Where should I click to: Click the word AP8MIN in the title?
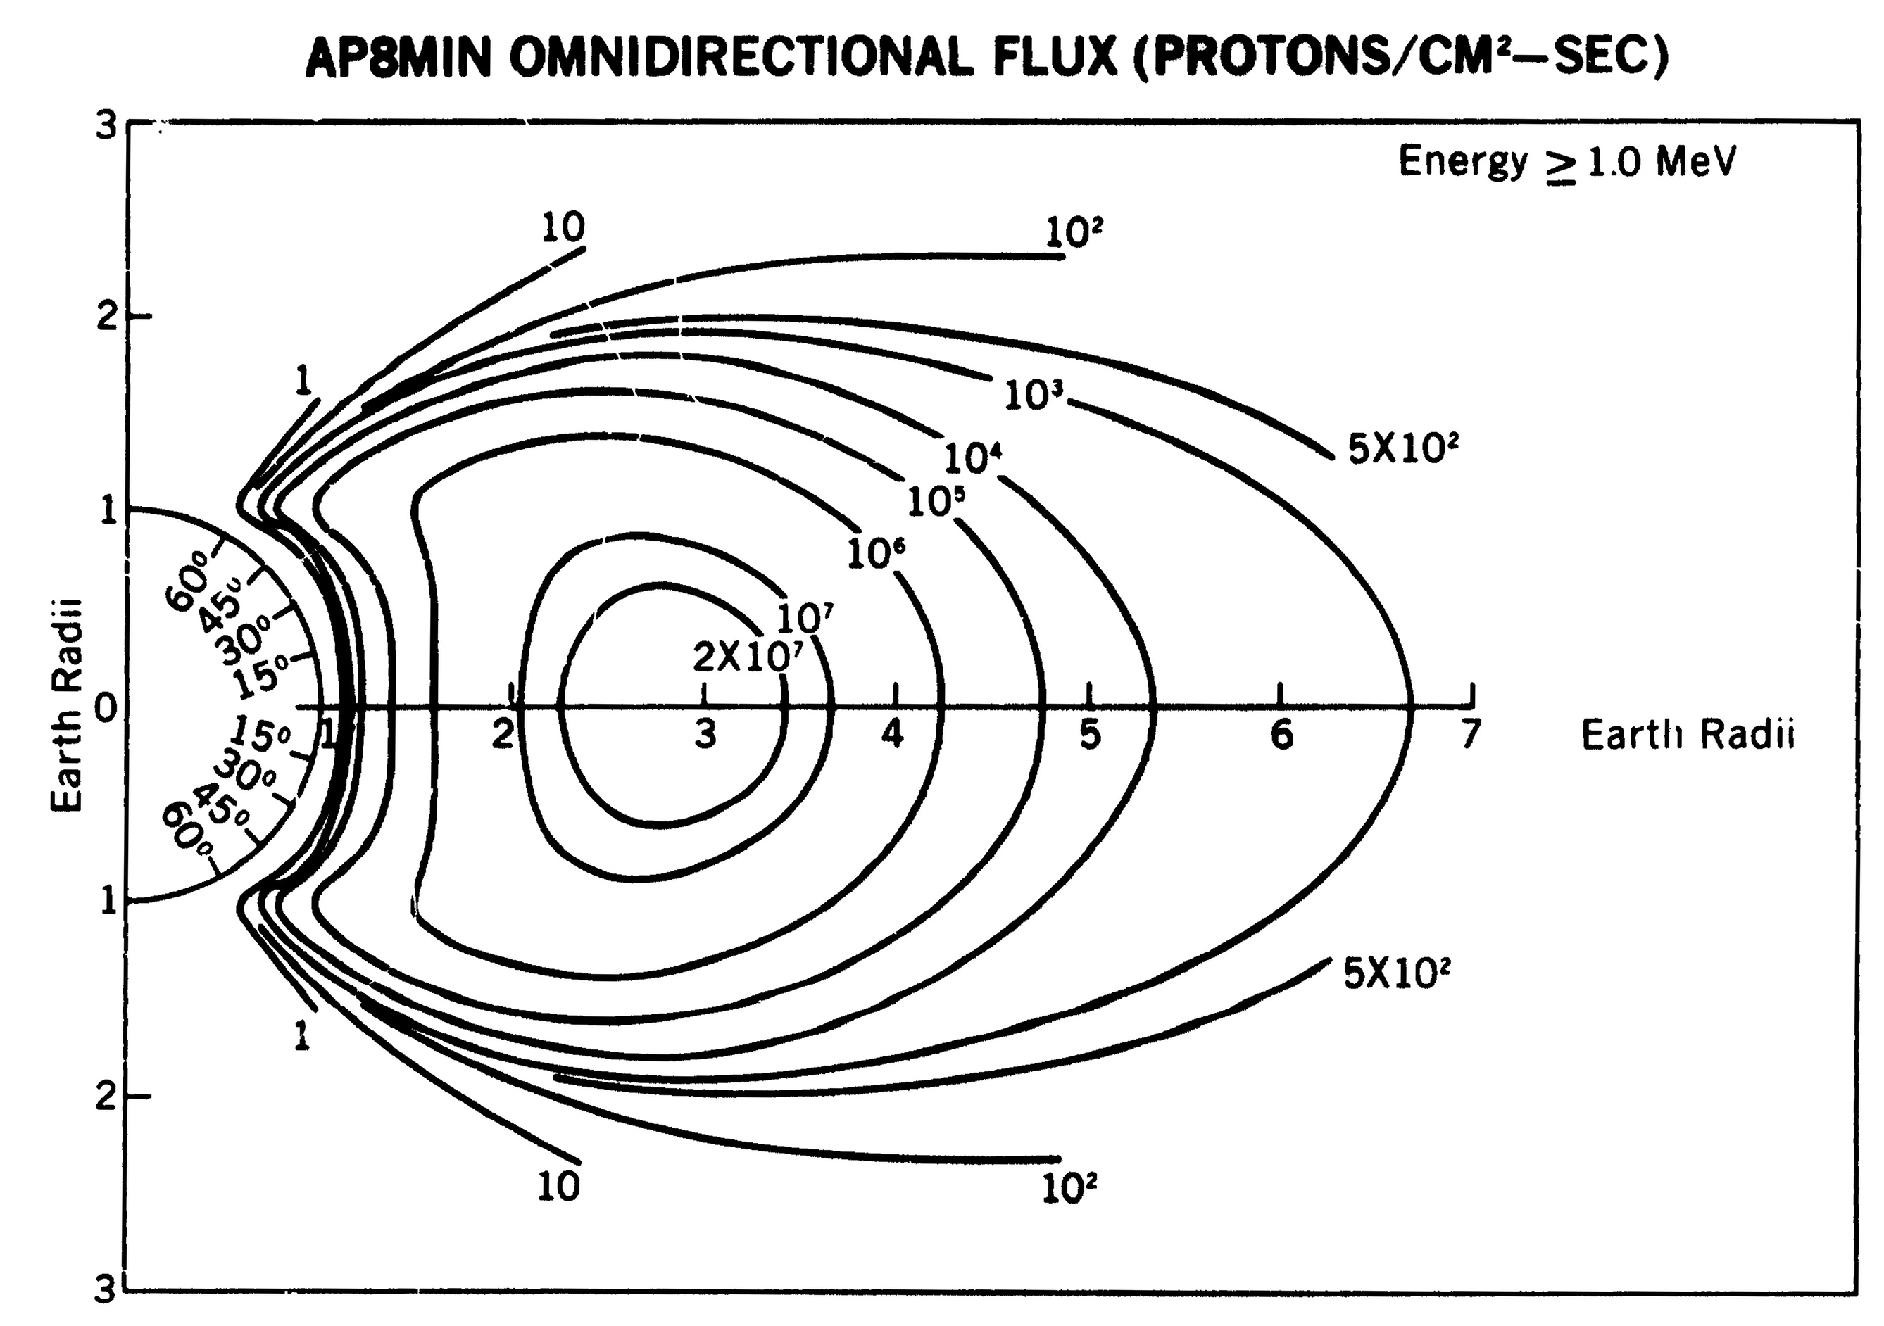pyautogui.click(x=398, y=58)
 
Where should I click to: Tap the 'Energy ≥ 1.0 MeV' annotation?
pyautogui.click(x=1567, y=163)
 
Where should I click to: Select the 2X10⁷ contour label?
pyautogui.click(x=746, y=657)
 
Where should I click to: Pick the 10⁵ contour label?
pyautogui.click(x=935, y=501)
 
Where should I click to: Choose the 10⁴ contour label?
pyautogui.click(x=973, y=458)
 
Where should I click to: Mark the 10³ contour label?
pyautogui.click(x=1033, y=396)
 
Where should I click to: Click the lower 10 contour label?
pyautogui.click(x=559, y=1187)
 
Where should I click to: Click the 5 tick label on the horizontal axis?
pyautogui.click(x=1089, y=734)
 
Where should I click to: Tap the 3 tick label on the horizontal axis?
pyautogui.click(x=705, y=734)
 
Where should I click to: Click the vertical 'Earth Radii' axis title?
pyautogui.click(x=68, y=706)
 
